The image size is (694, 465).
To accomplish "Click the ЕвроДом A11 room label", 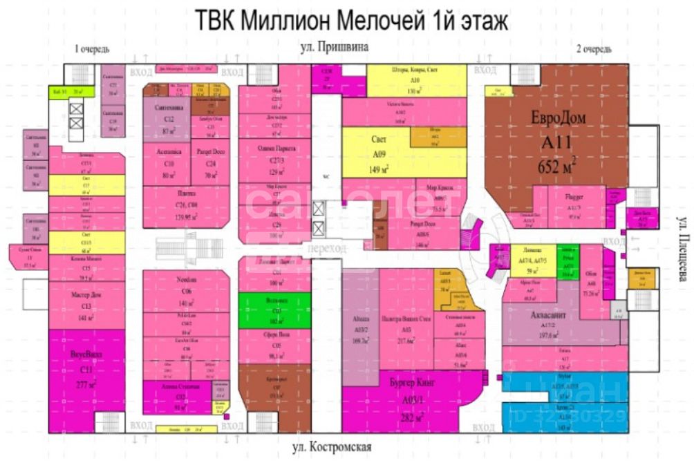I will pos(558,142).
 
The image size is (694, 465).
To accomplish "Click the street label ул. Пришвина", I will pos(335,48).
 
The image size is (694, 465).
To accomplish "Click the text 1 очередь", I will pos(91,49).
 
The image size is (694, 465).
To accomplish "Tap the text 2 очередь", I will pos(594,49).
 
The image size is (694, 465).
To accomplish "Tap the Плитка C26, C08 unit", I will pos(185,206).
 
